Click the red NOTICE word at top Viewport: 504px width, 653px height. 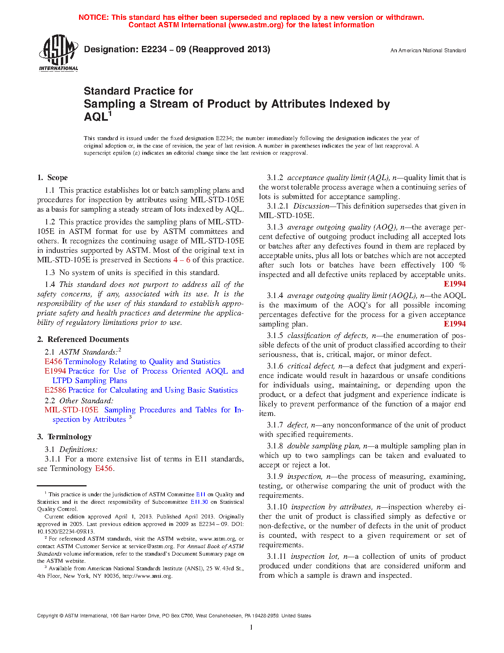point(93,17)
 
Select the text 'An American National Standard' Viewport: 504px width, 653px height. point(428,51)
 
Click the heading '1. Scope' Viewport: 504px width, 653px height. point(52,178)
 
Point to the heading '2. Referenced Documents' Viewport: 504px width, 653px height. point(83,340)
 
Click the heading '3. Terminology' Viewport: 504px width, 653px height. point(64,437)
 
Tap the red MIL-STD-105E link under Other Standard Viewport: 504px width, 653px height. point(71,410)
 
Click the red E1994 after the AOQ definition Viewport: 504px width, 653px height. point(455,284)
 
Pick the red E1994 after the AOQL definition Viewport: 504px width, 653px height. point(455,324)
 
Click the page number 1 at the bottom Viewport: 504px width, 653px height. point(251,627)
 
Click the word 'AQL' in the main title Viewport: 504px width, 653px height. point(95,117)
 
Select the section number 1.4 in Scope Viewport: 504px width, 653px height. point(50,285)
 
